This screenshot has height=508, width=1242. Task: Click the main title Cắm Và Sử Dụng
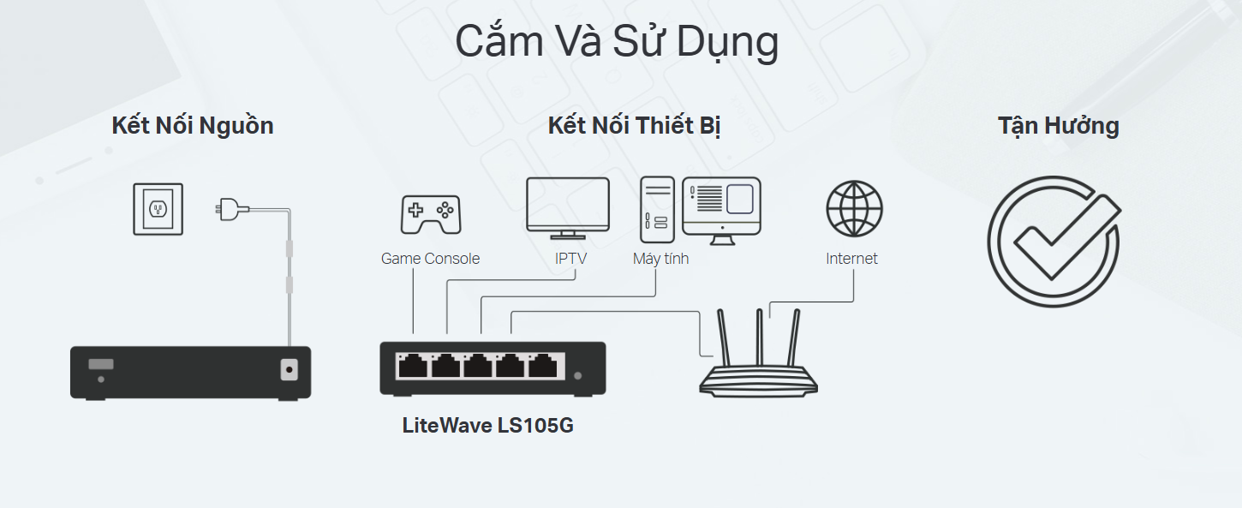[617, 42]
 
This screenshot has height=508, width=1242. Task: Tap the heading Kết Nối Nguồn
[193, 126]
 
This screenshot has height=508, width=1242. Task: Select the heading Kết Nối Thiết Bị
[635, 126]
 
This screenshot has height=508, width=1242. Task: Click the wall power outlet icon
[158, 209]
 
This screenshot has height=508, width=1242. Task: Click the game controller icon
[431, 214]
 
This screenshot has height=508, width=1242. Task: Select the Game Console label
[430, 259]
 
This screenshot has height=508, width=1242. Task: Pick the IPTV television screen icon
[568, 208]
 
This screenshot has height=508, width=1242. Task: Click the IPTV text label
[570, 259]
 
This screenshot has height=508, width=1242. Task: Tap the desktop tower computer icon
[658, 210]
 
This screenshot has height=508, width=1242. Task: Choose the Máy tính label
[660, 259]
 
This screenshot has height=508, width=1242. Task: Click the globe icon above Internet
[854, 209]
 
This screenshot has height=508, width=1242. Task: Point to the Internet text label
[851, 259]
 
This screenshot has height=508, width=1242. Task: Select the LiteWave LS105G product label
[488, 426]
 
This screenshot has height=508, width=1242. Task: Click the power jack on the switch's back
[289, 369]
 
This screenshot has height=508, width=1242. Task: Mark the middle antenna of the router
[760, 338]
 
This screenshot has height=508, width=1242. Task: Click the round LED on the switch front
[578, 376]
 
